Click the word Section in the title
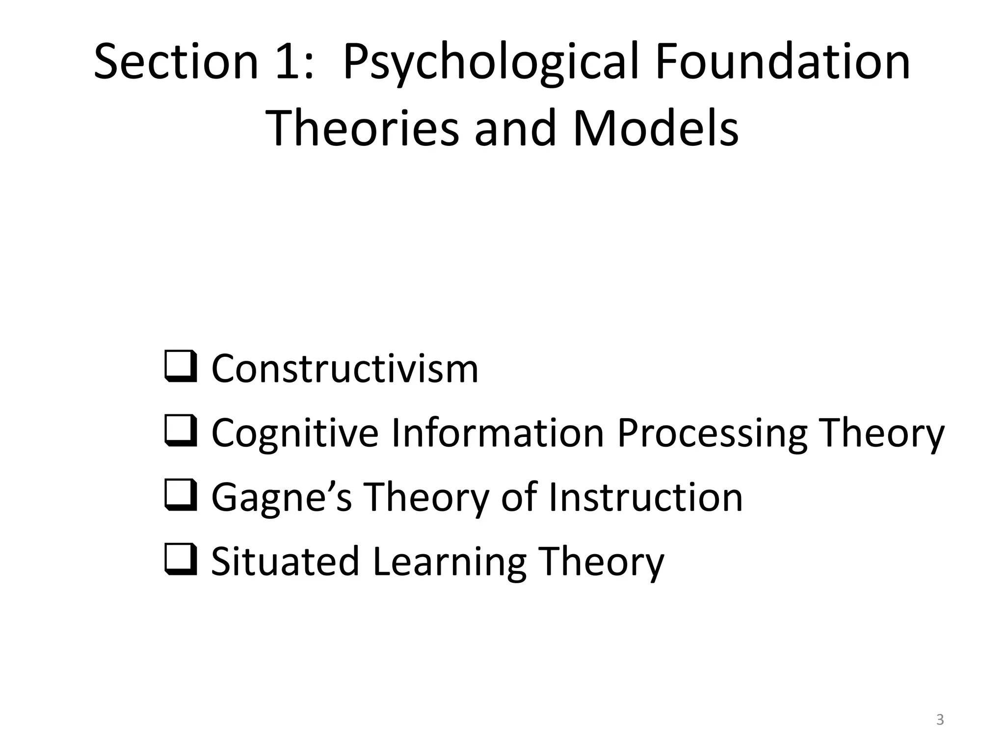tap(176, 62)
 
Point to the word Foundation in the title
tap(782, 62)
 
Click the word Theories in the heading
tap(365, 129)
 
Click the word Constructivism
tap(344, 369)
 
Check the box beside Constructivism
tap(181, 366)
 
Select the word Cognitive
tap(295, 433)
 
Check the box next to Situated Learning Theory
tap(181, 559)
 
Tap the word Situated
tap(285, 562)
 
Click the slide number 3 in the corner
tap(940, 720)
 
